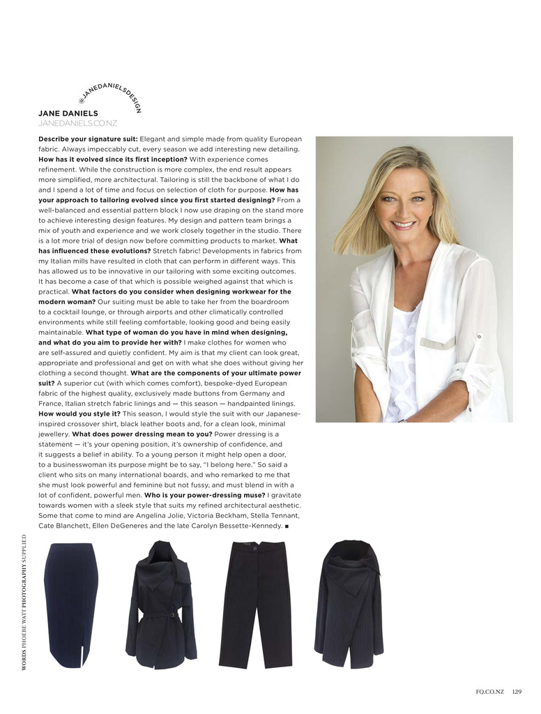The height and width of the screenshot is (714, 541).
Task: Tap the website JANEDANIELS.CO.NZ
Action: pyautogui.click(x=77, y=123)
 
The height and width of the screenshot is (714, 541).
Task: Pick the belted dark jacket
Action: pyautogui.click(x=161, y=603)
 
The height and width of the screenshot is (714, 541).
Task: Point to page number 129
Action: pyautogui.click(x=516, y=692)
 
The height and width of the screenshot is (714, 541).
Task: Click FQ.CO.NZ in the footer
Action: pyautogui.click(x=492, y=692)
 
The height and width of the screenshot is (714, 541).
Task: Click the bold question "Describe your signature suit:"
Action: pyautogui.click(x=88, y=139)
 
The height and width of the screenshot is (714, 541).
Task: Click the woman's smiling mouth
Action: pyautogui.click(x=403, y=225)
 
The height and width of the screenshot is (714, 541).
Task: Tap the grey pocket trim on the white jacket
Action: pyautogui.click(x=437, y=344)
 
